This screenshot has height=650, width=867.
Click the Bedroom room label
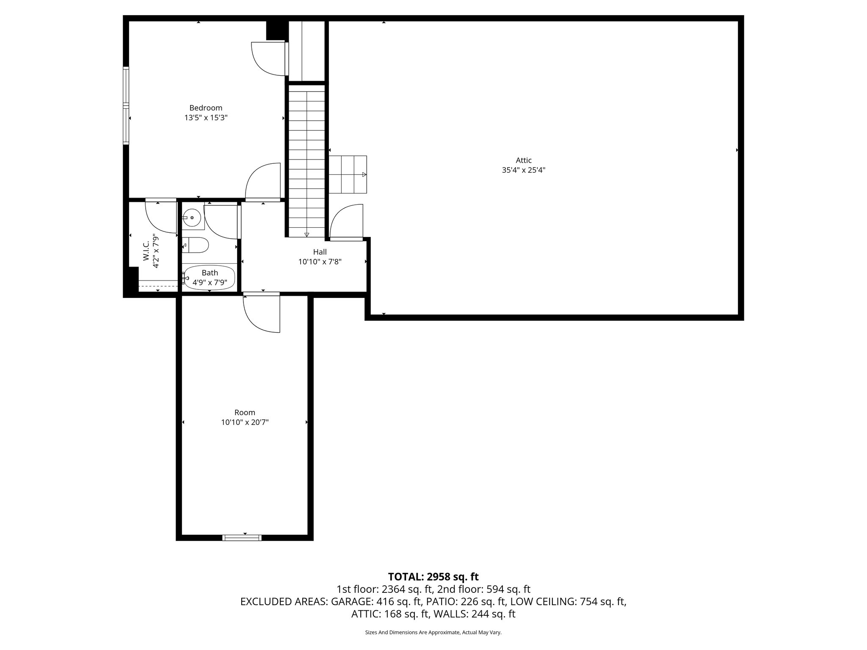pyautogui.click(x=206, y=108)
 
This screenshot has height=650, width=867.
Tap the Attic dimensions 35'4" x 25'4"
pyautogui.click(x=523, y=171)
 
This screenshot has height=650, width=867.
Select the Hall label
pyautogui.click(x=320, y=252)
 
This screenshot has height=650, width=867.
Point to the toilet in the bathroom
pyautogui.click(x=198, y=245)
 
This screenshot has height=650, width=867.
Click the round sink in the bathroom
pyautogui.click(x=193, y=218)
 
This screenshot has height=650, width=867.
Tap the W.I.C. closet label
pyautogui.click(x=146, y=251)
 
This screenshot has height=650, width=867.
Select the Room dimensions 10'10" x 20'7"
pyautogui.click(x=245, y=422)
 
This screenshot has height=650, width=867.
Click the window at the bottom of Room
pyautogui.click(x=242, y=538)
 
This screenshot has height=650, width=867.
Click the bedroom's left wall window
pyautogui.click(x=126, y=106)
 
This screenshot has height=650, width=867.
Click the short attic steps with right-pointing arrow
pyautogui.click(x=348, y=174)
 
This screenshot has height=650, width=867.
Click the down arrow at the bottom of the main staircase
pyautogui.click(x=306, y=234)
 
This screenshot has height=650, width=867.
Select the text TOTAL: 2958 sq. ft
pyautogui.click(x=433, y=576)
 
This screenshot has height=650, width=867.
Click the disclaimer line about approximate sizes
pyautogui.click(x=433, y=632)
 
